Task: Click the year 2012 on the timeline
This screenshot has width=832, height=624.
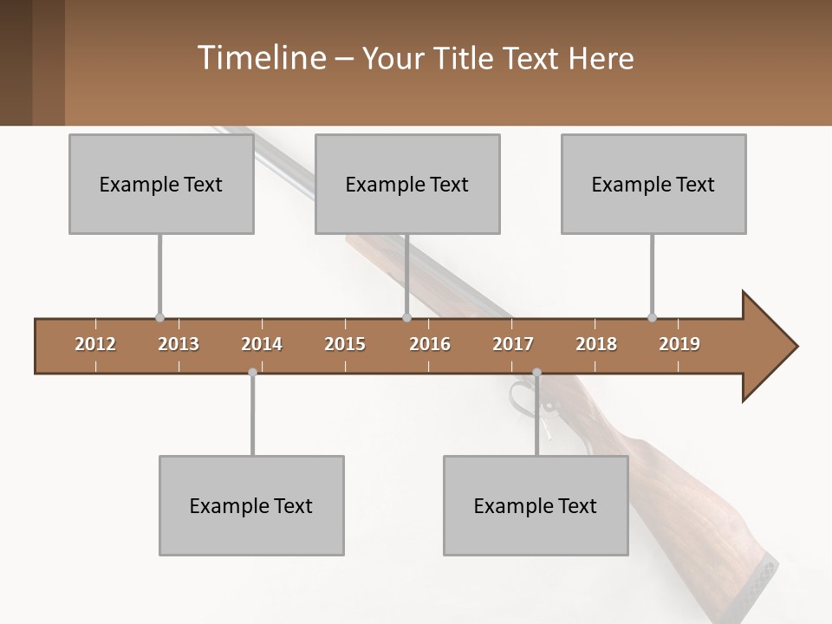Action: [95, 344]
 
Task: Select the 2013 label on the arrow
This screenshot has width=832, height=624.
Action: [179, 344]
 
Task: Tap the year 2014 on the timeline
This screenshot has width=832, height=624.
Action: [262, 344]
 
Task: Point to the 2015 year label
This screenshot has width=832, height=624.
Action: [345, 344]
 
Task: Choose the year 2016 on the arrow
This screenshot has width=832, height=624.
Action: [430, 344]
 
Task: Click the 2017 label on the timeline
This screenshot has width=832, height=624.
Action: [513, 344]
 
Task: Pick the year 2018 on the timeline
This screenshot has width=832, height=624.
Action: [596, 344]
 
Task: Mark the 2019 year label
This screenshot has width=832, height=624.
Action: [679, 344]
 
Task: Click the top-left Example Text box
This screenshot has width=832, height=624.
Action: [161, 184]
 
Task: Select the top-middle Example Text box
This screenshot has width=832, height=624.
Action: [407, 184]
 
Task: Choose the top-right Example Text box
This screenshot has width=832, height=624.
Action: [653, 184]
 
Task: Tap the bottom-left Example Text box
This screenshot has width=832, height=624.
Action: [251, 505]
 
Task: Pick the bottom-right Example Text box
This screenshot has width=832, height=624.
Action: [536, 505]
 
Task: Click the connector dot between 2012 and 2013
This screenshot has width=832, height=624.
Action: [159, 318]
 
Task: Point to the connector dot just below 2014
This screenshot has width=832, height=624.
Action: [252, 373]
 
